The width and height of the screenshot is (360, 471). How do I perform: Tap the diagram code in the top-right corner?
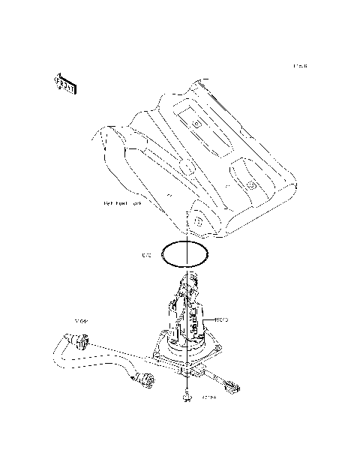pyautogui.click(x=300, y=66)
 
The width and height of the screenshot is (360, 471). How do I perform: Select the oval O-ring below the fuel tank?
pyautogui.click(x=184, y=253)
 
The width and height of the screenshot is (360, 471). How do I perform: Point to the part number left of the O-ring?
pyautogui.click(x=147, y=256)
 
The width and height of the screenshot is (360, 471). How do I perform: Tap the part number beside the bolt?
pyautogui.click(x=208, y=399)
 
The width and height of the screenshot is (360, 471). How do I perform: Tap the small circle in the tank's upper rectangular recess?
pyautogui.click(x=196, y=122)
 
